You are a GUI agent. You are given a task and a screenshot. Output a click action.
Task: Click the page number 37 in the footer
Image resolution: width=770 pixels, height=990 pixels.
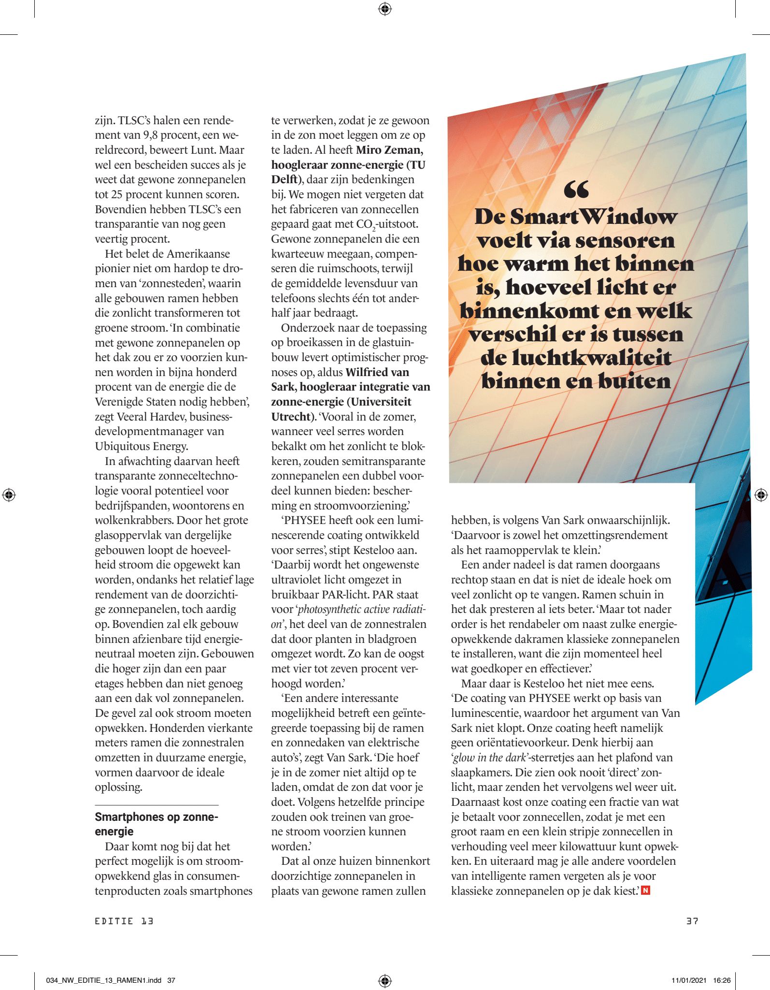[692, 921]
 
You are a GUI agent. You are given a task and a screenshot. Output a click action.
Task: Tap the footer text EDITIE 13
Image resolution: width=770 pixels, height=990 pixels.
[124, 921]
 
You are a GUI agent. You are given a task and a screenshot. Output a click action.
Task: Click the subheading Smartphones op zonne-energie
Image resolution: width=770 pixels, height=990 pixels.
[156, 824]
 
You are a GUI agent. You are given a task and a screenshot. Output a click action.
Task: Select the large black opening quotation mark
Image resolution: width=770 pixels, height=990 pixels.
[576, 189]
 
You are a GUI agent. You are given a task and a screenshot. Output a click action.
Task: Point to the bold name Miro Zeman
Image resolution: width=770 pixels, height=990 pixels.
[389, 150]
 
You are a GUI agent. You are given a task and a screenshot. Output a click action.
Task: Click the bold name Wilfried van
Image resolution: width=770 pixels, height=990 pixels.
[377, 372]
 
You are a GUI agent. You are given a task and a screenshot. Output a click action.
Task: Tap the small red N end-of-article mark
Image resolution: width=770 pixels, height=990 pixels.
[645, 890]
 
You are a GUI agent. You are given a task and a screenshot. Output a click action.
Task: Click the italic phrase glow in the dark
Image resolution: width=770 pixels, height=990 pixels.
[489, 757]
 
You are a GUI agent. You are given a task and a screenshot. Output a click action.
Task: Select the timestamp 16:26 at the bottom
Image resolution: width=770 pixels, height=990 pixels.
[722, 980]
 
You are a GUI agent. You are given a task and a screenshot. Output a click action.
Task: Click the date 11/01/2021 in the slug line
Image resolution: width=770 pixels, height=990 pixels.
[689, 980]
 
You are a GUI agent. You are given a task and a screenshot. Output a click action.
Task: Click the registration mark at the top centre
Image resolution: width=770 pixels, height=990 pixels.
[385, 9]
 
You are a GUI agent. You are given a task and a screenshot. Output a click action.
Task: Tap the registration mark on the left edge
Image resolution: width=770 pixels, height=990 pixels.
[9, 495]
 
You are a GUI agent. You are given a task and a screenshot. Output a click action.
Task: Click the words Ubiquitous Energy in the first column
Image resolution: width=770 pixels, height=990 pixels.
[142, 446]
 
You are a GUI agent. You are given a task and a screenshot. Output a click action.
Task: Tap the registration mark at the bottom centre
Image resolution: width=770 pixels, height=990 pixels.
[385, 980]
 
